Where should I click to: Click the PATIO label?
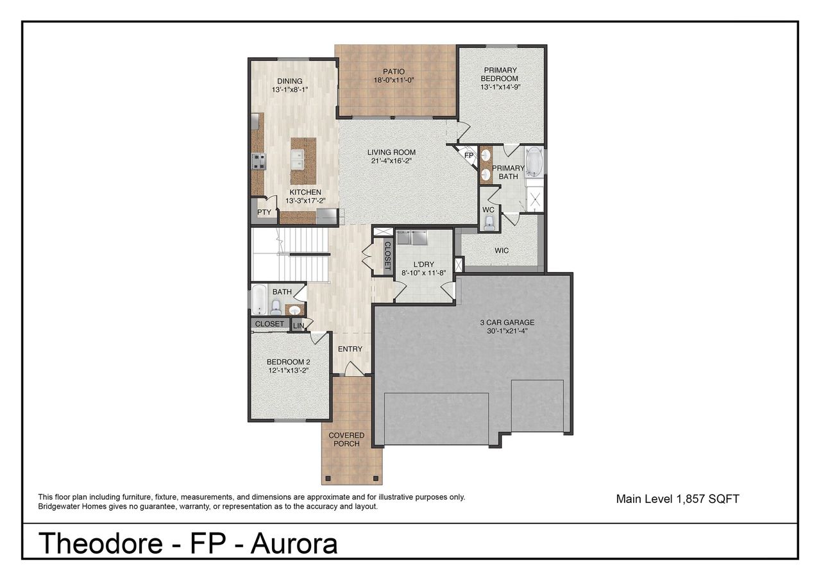pos(394,71)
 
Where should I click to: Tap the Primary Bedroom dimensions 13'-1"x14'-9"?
pos(500,87)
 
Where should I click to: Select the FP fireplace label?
pos(468,155)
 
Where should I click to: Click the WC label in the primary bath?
pos(489,209)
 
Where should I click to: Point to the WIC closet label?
pos(502,250)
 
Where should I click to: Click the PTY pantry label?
pos(264,212)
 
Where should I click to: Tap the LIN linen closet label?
pos(298,326)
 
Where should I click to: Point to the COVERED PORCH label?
pos(346,439)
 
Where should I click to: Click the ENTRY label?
pos(350,349)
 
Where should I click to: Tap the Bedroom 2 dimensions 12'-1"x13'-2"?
pos(288,370)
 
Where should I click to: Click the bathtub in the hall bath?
pos(258,299)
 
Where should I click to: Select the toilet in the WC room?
pos(490,222)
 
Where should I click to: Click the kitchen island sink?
pos(296,158)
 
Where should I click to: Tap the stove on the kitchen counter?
pos(258,162)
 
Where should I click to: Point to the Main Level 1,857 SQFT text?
pos(677,499)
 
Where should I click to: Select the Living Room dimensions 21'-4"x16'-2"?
pos(391,161)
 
